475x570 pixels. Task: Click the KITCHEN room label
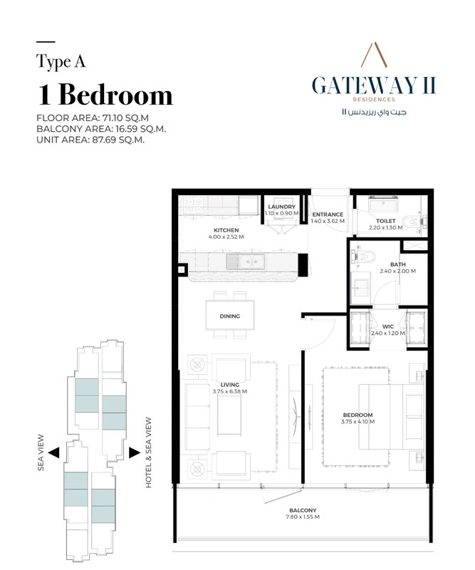(226, 231)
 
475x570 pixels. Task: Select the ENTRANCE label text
(328, 214)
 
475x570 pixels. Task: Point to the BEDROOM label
(357, 415)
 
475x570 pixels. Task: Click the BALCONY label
(303, 510)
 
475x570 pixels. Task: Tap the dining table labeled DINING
(229, 316)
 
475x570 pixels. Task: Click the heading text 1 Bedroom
(105, 94)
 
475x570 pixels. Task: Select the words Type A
(61, 62)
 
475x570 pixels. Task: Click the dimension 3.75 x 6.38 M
(229, 391)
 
